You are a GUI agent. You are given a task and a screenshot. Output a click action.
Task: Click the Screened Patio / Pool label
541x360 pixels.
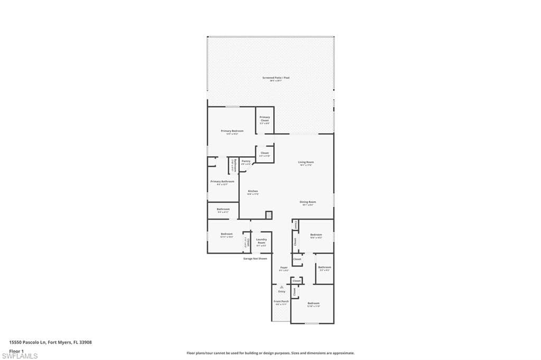276,78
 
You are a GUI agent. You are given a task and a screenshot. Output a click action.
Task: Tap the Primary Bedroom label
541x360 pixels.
232,131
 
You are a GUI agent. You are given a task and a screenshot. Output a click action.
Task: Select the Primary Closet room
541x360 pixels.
265,119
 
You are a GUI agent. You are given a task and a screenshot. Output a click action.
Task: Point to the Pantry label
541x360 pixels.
246,162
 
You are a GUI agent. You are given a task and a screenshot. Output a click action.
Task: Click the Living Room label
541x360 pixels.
306,163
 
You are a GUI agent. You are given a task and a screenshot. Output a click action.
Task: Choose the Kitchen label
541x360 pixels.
253,192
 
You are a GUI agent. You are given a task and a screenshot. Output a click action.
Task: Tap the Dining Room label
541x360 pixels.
307,203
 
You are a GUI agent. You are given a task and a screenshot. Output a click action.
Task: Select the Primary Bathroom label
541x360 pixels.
222,182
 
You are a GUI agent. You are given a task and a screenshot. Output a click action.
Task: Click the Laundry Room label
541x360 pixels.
261,241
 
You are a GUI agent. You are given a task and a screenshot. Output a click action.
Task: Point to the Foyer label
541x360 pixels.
284,268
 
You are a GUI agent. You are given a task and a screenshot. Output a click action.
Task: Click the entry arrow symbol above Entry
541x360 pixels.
282,287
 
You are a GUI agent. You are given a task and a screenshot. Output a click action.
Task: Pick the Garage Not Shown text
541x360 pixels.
255,259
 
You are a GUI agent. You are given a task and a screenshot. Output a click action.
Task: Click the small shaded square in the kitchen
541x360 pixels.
268,215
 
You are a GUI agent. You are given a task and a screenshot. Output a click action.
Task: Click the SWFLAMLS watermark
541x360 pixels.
20,356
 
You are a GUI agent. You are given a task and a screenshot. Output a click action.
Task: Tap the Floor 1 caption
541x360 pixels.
16,350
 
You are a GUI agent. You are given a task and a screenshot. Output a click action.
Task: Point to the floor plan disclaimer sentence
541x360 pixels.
270,353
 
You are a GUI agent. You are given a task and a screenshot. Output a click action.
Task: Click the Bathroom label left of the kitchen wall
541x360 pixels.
223,210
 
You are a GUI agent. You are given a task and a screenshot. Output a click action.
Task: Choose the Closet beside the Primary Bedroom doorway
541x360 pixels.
265,154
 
